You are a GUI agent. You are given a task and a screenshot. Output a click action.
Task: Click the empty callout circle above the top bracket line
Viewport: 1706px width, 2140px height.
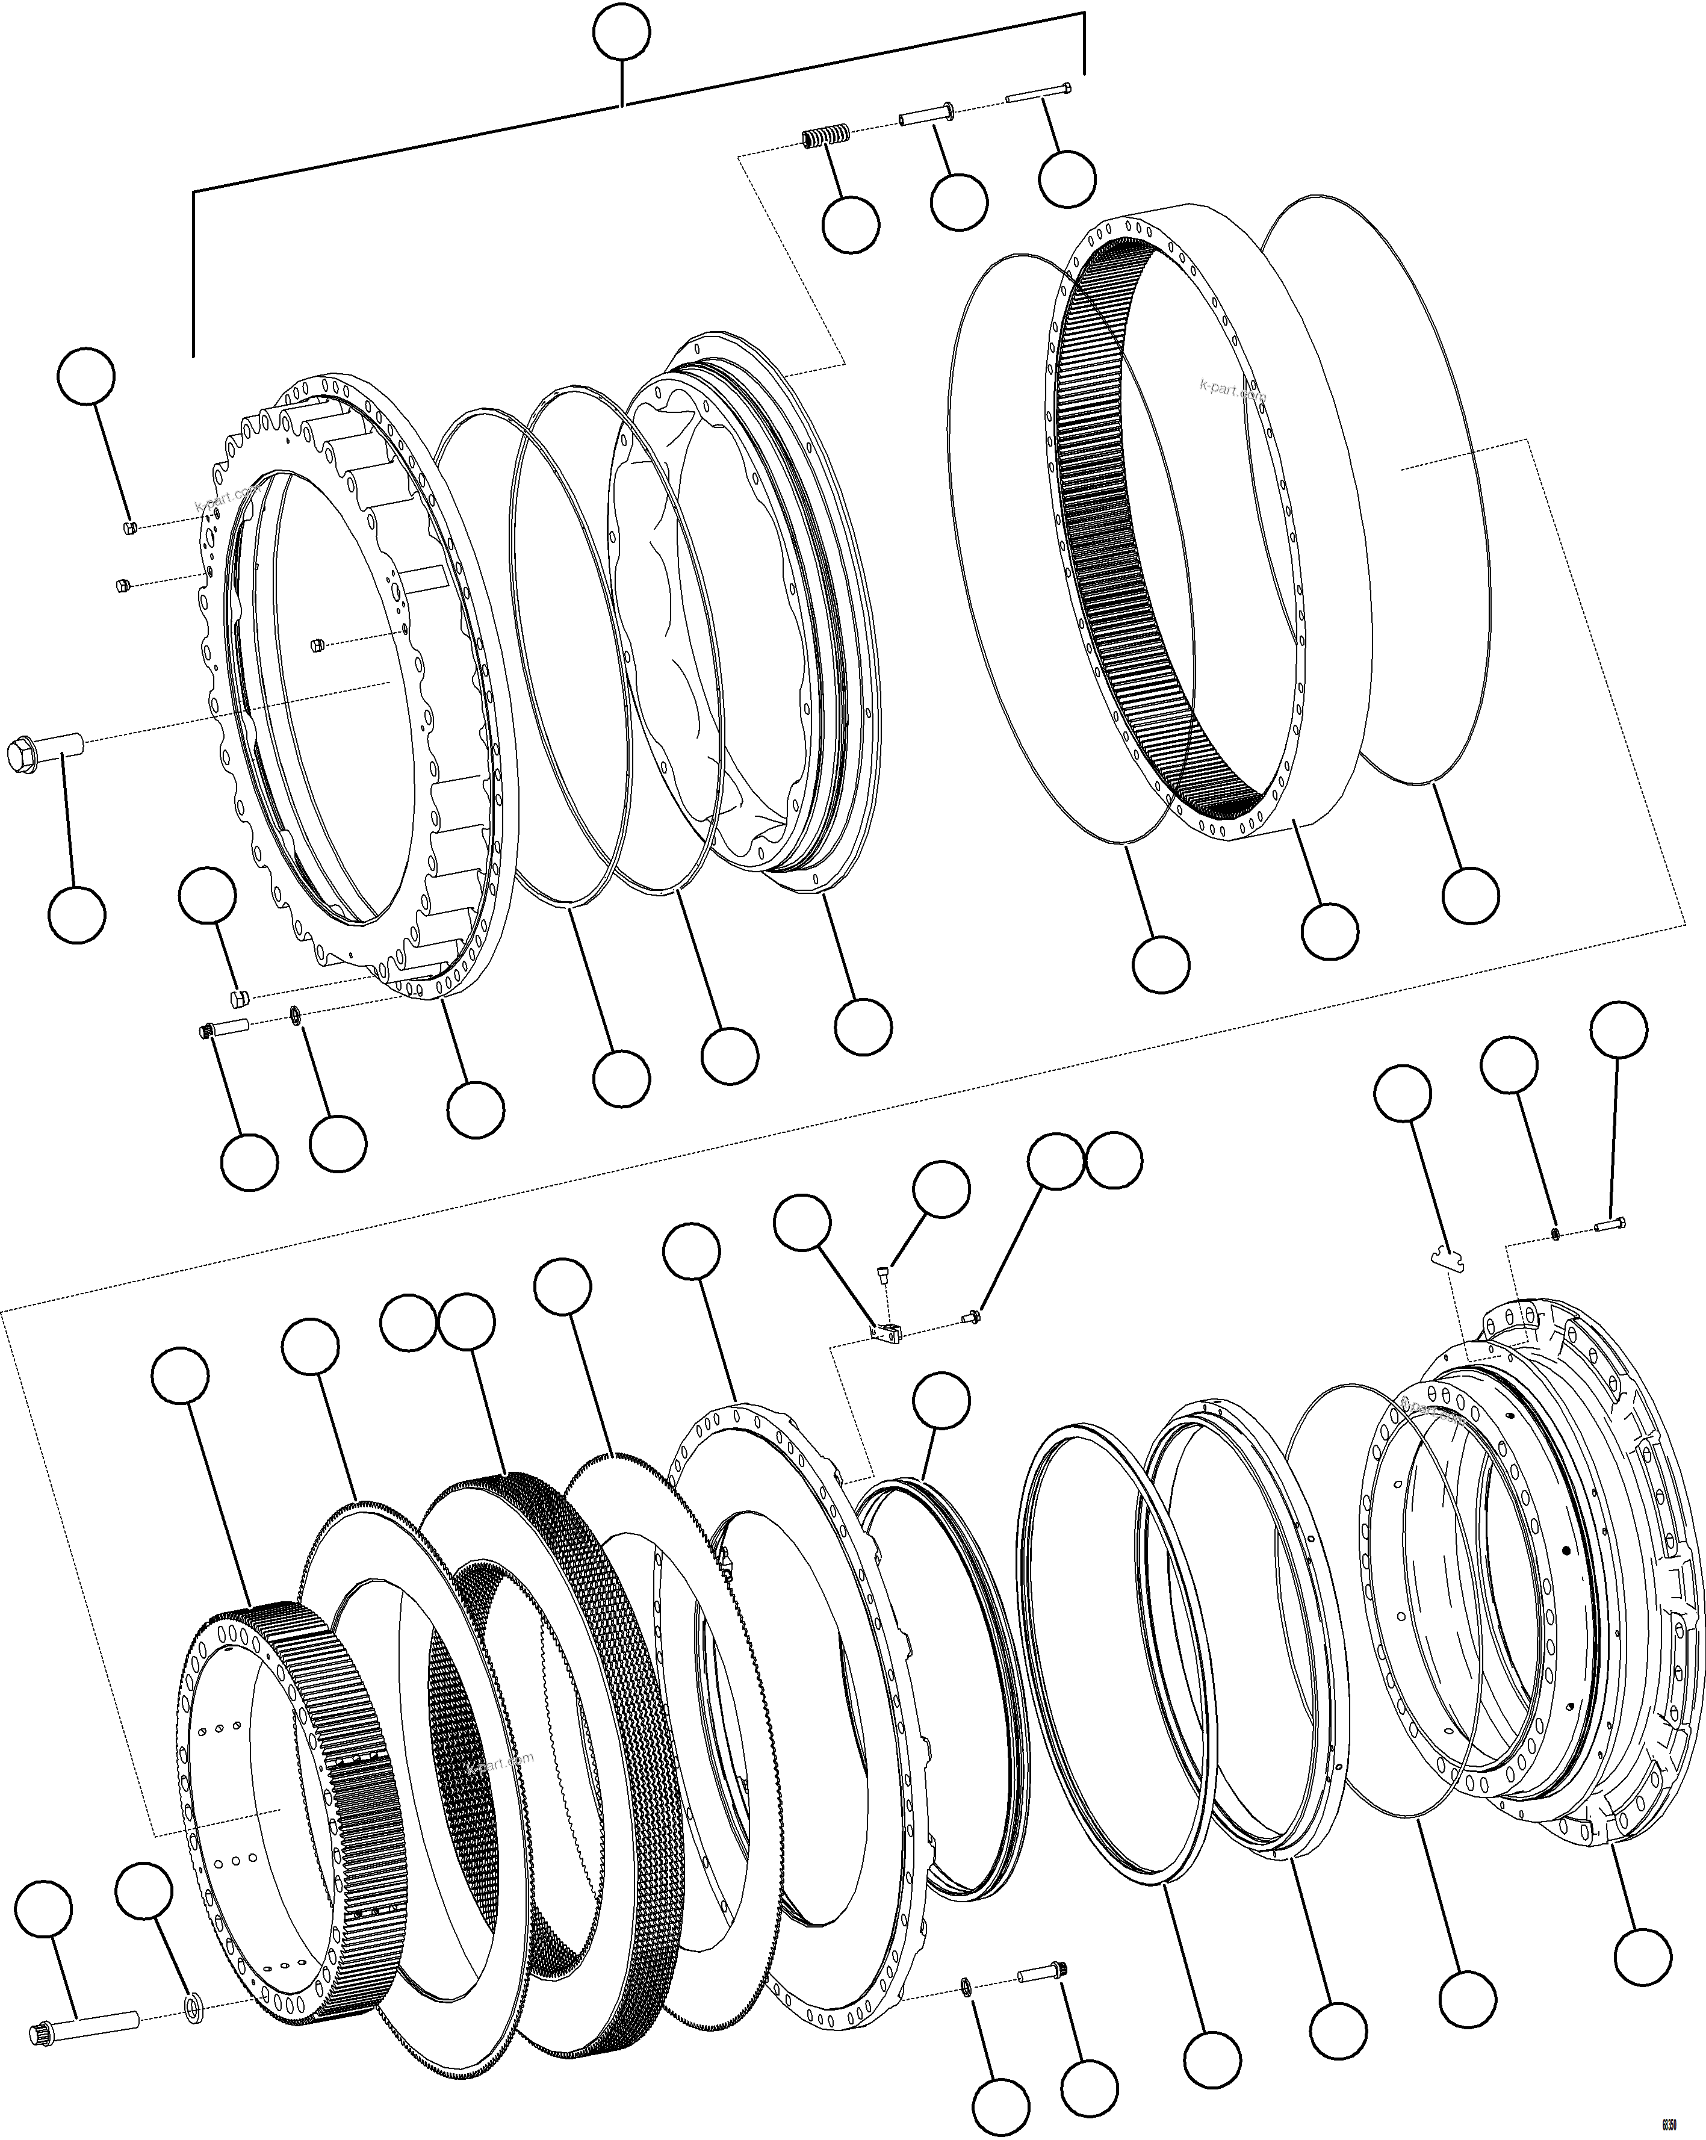point(621,33)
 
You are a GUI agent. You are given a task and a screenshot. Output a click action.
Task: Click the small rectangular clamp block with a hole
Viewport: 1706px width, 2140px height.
point(886,1333)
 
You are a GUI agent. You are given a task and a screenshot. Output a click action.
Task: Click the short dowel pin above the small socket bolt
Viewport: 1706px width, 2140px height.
point(239,996)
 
